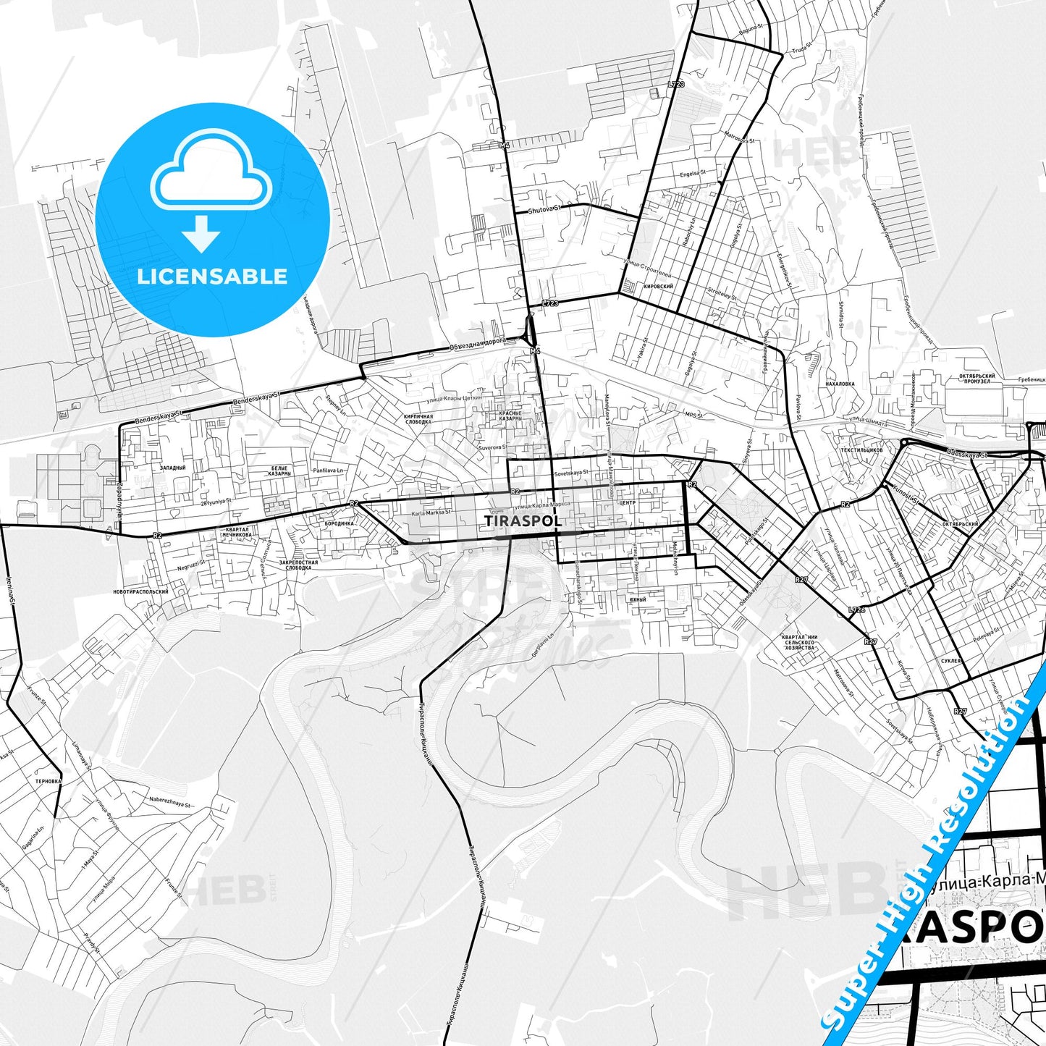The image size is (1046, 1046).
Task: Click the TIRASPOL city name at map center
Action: (x=523, y=521)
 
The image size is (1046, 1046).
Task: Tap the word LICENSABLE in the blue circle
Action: (x=212, y=277)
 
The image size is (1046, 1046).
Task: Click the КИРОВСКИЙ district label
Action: (x=658, y=287)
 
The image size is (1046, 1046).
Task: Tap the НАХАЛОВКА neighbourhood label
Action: (x=840, y=384)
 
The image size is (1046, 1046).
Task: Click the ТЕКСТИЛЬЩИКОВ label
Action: (x=861, y=450)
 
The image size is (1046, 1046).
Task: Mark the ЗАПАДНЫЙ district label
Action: (x=173, y=468)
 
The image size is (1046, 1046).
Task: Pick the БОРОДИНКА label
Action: (x=339, y=523)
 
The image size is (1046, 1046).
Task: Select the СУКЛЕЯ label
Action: (x=951, y=661)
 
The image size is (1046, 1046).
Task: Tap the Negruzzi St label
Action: (x=191, y=565)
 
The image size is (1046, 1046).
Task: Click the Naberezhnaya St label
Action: (x=170, y=804)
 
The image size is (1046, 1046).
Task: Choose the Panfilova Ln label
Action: (x=328, y=471)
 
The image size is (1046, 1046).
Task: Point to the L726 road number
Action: (x=856, y=610)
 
